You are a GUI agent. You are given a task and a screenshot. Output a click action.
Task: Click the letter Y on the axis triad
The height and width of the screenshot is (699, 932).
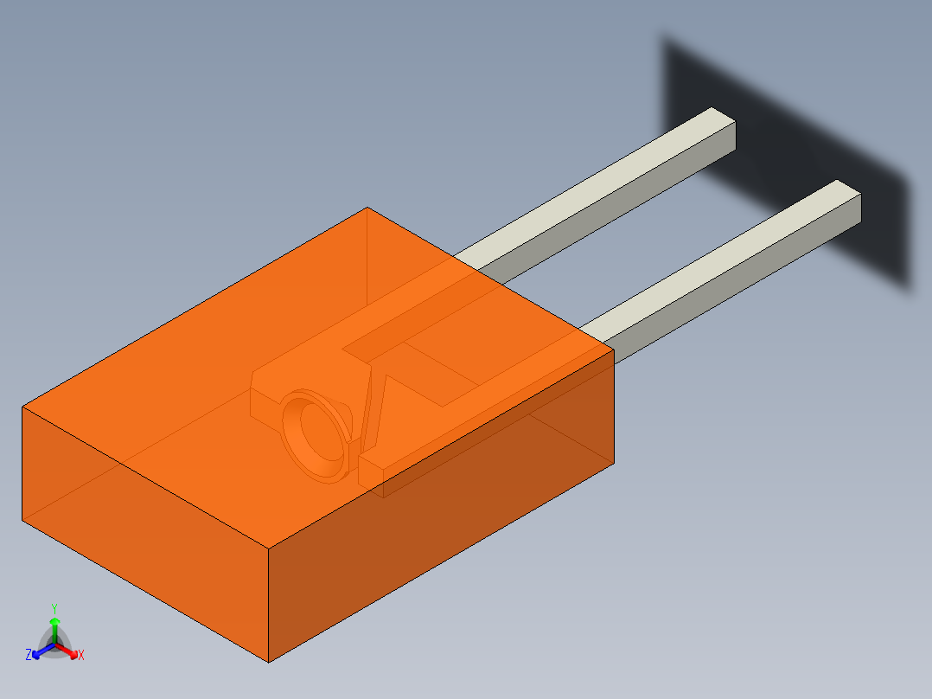click(x=54, y=608)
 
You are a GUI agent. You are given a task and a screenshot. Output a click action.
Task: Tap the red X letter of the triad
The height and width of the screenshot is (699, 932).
click(x=81, y=656)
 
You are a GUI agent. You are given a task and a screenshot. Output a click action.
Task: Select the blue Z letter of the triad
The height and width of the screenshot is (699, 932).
click(x=29, y=656)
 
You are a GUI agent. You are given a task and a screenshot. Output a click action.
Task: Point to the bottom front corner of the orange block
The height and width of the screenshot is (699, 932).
click(x=269, y=662)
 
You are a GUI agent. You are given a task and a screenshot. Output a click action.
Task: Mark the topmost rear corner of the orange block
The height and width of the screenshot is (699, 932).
click(x=367, y=208)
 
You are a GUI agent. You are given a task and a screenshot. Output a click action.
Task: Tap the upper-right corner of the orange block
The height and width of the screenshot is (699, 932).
click(x=613, y=349)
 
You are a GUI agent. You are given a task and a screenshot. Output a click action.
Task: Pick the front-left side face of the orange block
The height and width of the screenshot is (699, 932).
click(x=138, y=528)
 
